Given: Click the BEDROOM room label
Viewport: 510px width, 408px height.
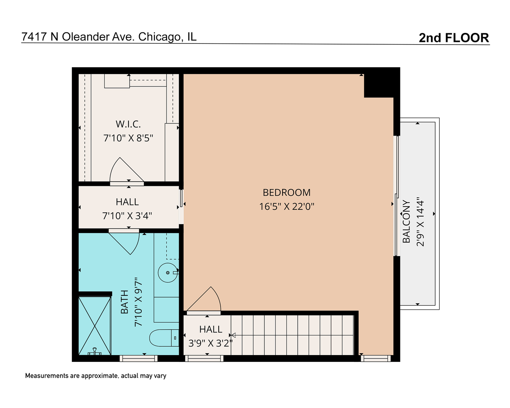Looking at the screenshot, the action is (286, 193).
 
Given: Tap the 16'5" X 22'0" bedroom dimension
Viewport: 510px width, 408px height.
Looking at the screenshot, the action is (286, 207).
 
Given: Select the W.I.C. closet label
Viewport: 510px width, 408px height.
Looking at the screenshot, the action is (128, 124).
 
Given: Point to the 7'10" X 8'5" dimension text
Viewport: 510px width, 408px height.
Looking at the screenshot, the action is (128, 138).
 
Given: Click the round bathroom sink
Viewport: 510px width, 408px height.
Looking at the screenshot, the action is (168, 273).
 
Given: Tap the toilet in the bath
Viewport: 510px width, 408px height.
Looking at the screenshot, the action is (164, 338).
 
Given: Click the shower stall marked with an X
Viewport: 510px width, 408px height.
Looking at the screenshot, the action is (94, 326).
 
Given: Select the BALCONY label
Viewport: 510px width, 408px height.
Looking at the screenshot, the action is (406, 222).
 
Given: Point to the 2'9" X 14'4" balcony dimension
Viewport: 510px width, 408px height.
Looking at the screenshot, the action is (420, 222).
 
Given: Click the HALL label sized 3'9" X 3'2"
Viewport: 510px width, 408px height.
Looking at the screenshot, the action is (211, 329).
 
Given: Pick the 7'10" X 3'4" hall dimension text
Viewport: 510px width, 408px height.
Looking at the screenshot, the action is (127, 216).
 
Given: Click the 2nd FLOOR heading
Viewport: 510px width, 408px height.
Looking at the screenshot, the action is (454, 38).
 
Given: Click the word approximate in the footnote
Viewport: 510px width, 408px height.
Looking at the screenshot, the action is (99, 376).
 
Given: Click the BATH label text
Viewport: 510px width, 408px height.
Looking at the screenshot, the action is (124, 302).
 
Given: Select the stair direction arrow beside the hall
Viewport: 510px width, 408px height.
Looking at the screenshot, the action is (233, 335).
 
